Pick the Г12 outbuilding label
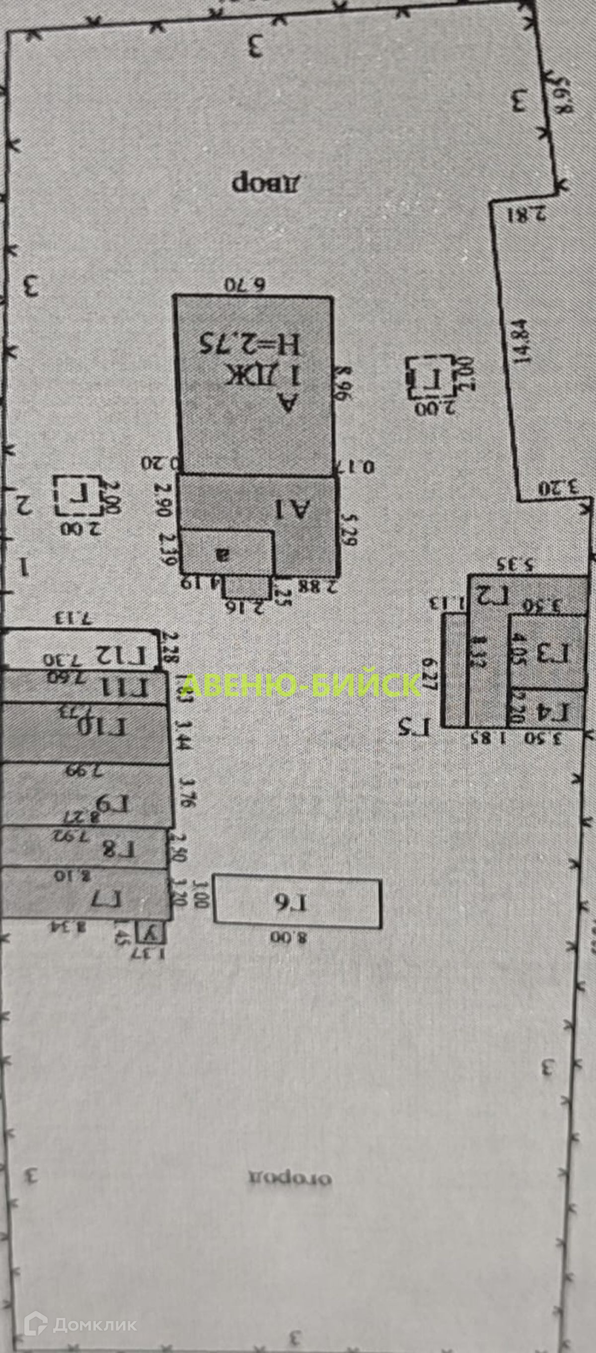pos(120,655)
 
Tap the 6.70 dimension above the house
pos(245,285)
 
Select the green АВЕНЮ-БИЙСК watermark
pos(303,685)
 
